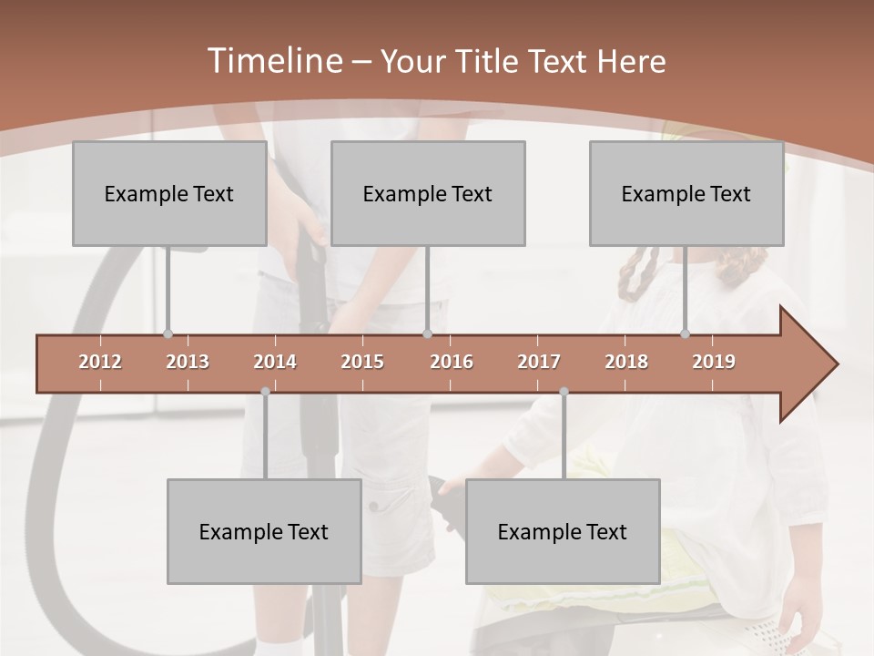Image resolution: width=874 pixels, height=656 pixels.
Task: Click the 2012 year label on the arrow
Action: (x=100, y=362)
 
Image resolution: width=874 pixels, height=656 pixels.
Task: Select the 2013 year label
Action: (x=188, y=362)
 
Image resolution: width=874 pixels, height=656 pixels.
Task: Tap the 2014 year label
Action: (x=275, y=362)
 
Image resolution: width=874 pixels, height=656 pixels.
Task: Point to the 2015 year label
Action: (x=362, y=362)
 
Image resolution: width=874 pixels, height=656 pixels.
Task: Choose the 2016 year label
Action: (x=452, y=362)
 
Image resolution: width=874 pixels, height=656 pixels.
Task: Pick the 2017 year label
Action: (x=539, y=362)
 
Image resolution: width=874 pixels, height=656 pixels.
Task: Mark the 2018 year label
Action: (x=626, y=362)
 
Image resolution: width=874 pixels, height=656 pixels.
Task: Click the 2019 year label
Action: (x=714, y=362)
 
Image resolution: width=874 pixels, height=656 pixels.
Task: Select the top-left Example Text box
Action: (x=169, y=193)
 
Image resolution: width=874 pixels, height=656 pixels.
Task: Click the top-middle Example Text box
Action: (x=428, y=193)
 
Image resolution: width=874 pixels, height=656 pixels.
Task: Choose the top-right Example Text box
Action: (x=686, y=193)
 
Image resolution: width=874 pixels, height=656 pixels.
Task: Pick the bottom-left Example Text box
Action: (x=264, y=531)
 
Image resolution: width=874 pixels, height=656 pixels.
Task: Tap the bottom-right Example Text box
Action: (x=563, y=531)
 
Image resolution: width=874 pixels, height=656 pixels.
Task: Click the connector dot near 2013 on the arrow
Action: (x=168, y=334)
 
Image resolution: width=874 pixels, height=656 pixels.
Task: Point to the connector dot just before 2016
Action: (x=427, y=334)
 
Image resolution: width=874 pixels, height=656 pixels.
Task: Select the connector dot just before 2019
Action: (x=686, y=334)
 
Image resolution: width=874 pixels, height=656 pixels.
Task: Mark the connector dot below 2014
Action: (x=265, y=392)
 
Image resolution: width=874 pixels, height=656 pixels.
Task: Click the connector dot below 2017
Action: (x=564, y=392)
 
